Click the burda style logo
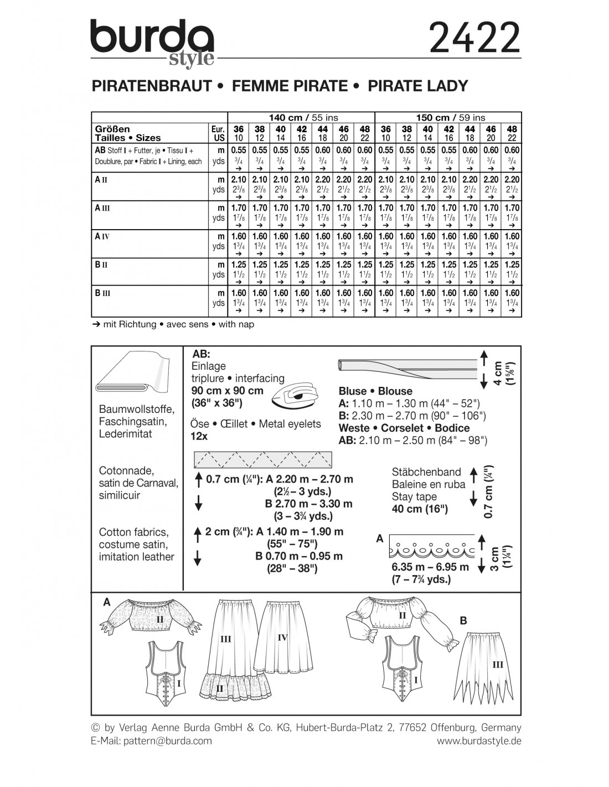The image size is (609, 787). click(152, 43)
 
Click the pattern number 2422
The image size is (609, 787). click(474, 38)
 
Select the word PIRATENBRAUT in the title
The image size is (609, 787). click(151, 86)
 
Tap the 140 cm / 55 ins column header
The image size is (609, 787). click(303, 117)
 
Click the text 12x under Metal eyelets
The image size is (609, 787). click(199, 436)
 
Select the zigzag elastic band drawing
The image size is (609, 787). click(262, 459)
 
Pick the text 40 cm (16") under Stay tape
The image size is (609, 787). click(420, 509)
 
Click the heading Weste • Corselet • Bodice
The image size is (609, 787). click(404, 428)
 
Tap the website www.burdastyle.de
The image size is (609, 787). click(479, 741)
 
